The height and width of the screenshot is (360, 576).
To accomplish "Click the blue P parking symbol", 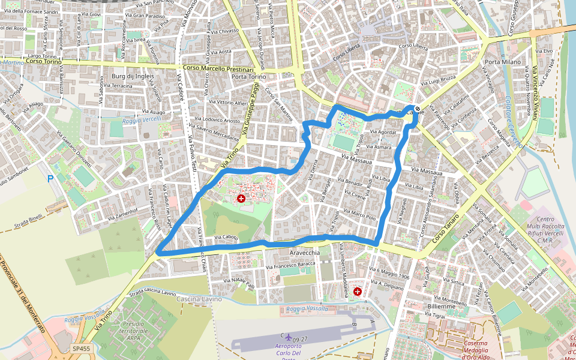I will tap(50, 178).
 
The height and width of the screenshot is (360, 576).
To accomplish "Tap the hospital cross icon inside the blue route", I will tap(241, 198).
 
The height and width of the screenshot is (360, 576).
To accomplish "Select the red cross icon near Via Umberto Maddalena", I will tap(358, 292).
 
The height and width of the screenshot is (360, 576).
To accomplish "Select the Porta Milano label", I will tap(503, 62).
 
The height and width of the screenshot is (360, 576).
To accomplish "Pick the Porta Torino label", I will tap(248, 77).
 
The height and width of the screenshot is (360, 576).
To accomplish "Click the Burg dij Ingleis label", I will tap(133, 77).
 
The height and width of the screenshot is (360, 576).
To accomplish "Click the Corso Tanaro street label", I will tap(446, 229).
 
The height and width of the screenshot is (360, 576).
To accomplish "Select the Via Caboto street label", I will tap(226, 238).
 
